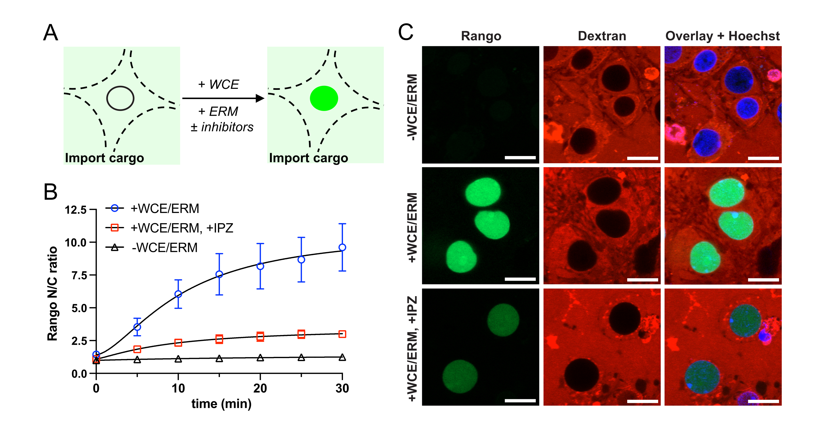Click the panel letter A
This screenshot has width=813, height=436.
tap(51, 33)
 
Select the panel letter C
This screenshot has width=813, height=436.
tap(406, 32)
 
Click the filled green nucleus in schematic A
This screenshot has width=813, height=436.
tap(324, 98)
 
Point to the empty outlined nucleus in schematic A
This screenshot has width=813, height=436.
tap(120, 98)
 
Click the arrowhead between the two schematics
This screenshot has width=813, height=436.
tap(260, 98)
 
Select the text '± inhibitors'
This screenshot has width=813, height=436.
tap(222, 127)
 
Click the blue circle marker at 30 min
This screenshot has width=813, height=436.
tap(342, 247)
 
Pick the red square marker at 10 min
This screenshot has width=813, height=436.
tap(178, 343)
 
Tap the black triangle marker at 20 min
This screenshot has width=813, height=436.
tap(260, 358)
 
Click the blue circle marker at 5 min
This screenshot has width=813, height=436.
tap(137, 327)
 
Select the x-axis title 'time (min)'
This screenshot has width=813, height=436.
tap(221, 404)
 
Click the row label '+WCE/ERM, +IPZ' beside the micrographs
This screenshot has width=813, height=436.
tap(412, 348)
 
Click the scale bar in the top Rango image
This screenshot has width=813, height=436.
tap(520, 157)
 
